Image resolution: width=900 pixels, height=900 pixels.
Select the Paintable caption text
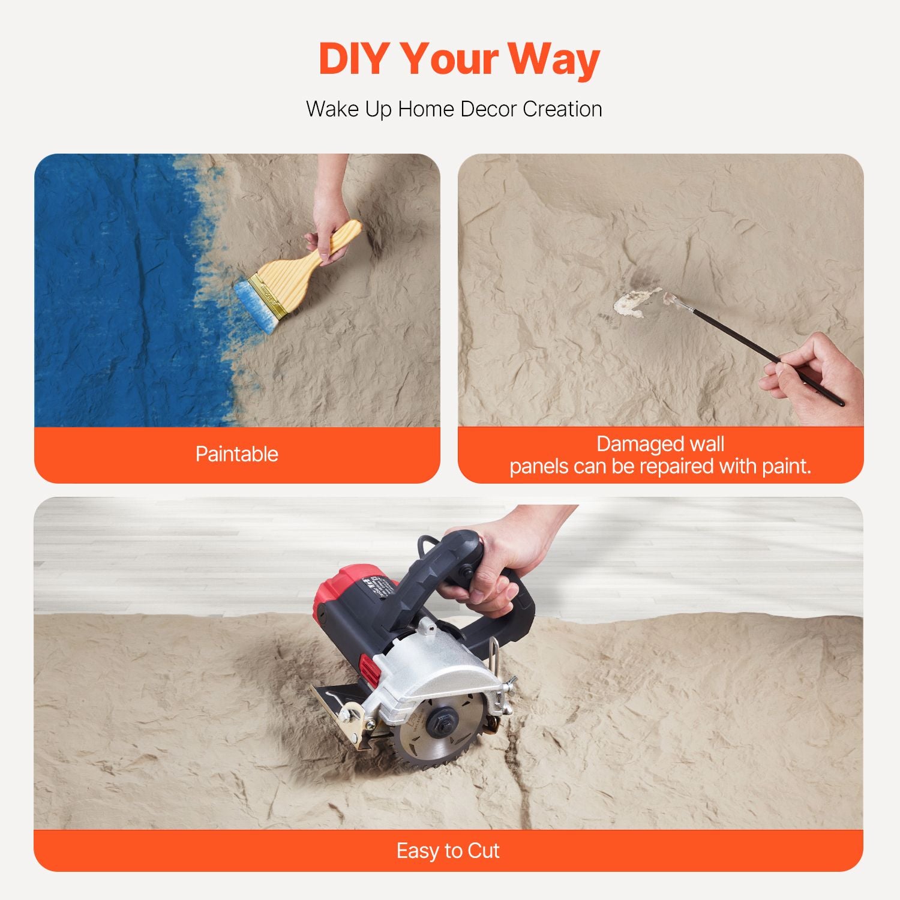[237, 454]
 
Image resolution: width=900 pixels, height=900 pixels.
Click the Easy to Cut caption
[448, 851]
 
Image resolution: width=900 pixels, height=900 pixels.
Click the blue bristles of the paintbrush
[256, 306]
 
